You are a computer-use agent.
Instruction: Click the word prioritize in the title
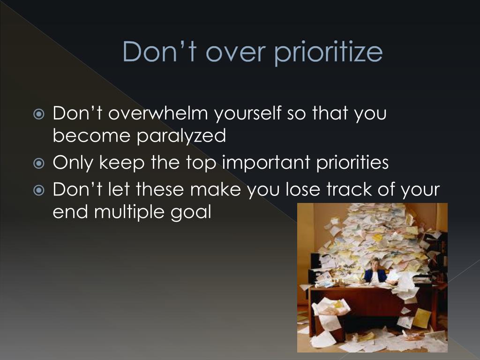tap(328, 52)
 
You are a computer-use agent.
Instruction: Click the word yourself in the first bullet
tap(247, 113)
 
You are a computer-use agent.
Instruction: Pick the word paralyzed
tap(181, 136)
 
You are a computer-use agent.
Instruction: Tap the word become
tap(91, 135)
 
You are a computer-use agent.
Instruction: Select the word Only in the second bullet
tap(73, 163)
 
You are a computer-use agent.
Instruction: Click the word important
tap(266, 162)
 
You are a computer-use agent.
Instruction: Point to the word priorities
tap(352, 162)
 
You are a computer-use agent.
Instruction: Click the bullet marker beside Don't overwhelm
tap(39, 114)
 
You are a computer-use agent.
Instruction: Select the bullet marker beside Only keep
tap(39, 164)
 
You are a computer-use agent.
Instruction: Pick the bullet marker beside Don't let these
tap(39, 190)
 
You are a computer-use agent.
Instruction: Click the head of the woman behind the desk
tap(375, 262)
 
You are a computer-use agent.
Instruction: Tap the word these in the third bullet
tap(160, 189)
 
